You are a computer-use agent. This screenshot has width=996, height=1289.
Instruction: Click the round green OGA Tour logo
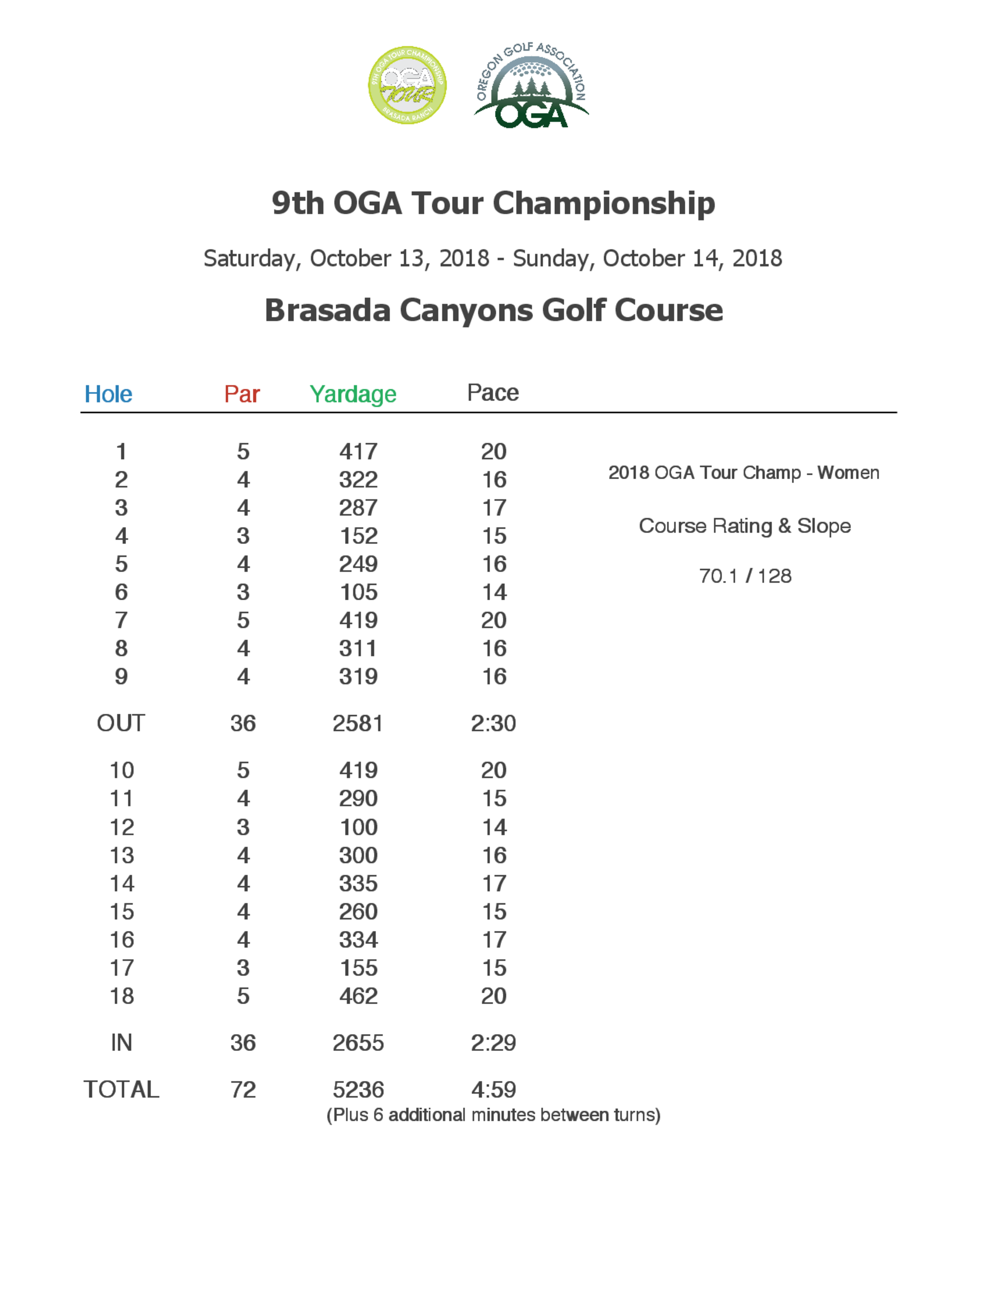pyautogui.click(x=407, y=85)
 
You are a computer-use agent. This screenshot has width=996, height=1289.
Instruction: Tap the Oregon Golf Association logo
pyautogui.click(x=531, y=86)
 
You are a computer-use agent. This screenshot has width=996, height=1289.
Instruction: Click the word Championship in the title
pyautogui.click(x=604, y=204)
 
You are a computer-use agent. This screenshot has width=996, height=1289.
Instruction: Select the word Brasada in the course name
pyautogui.click(x=328, y=310)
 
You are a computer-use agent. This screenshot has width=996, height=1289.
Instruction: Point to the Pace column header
pyautogui.click(x=493, y=393)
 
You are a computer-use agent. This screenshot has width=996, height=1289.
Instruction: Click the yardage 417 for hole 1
pyautogui.click(x=358, y=452)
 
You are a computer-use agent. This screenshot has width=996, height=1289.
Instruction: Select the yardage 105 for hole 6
pyautogui.click(x=358, y=593)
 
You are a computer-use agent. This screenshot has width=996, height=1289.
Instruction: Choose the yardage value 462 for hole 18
pyautogui.click(x=358, y=996)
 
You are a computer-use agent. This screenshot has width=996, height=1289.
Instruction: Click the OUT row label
pyautogui.click(x=121, y=724)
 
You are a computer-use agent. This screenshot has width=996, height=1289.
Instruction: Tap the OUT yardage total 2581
pyautogui.click(x=358, y=724)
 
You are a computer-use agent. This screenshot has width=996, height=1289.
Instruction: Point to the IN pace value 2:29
pyautogui.click(x=494, y=1043)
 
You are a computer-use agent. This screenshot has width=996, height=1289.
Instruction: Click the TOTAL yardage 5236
pyautogui.click(x=358, y=1089)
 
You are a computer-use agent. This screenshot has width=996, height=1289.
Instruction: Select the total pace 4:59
pyautogui.click(x=494, y=1089)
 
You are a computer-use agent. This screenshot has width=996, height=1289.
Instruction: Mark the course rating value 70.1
pyautogui.click(x=718, y=576)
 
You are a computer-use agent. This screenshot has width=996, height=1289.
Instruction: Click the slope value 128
pyautogui.click(x=774, y=576)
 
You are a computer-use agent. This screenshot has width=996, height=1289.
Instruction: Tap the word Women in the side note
pyautogui.click(x=848, y=473)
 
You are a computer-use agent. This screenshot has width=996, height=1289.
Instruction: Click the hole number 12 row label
pyautogui.click(x=122, y=827)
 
